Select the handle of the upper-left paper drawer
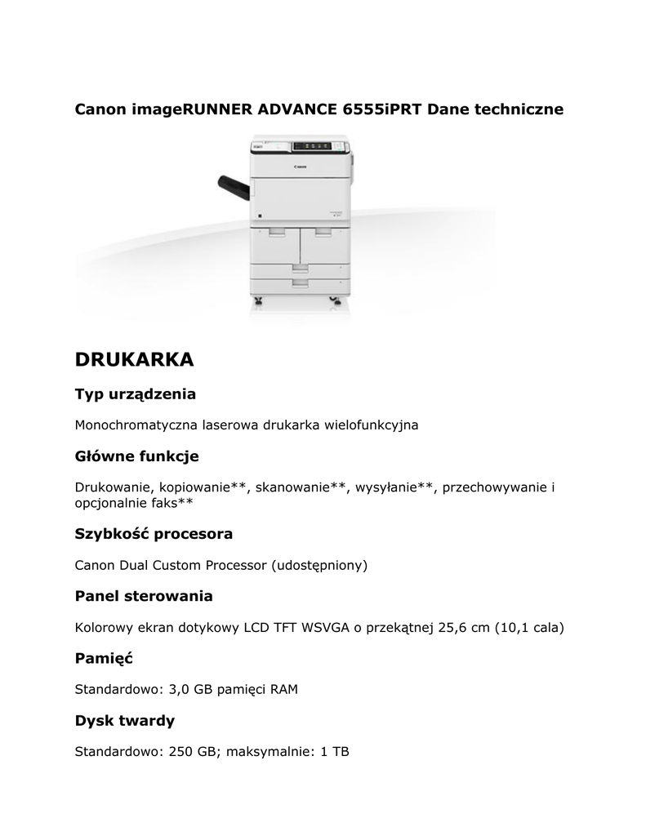[x=276, y=232]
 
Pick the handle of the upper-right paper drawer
[x=323, y=232]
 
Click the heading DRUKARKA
[x=134, y=359]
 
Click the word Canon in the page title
[x=101, y=109]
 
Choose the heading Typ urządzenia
[x=136, y=394]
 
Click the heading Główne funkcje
[x=136, y=456]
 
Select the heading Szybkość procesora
[x=154, y=534]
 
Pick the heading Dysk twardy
[x=124, y=721]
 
